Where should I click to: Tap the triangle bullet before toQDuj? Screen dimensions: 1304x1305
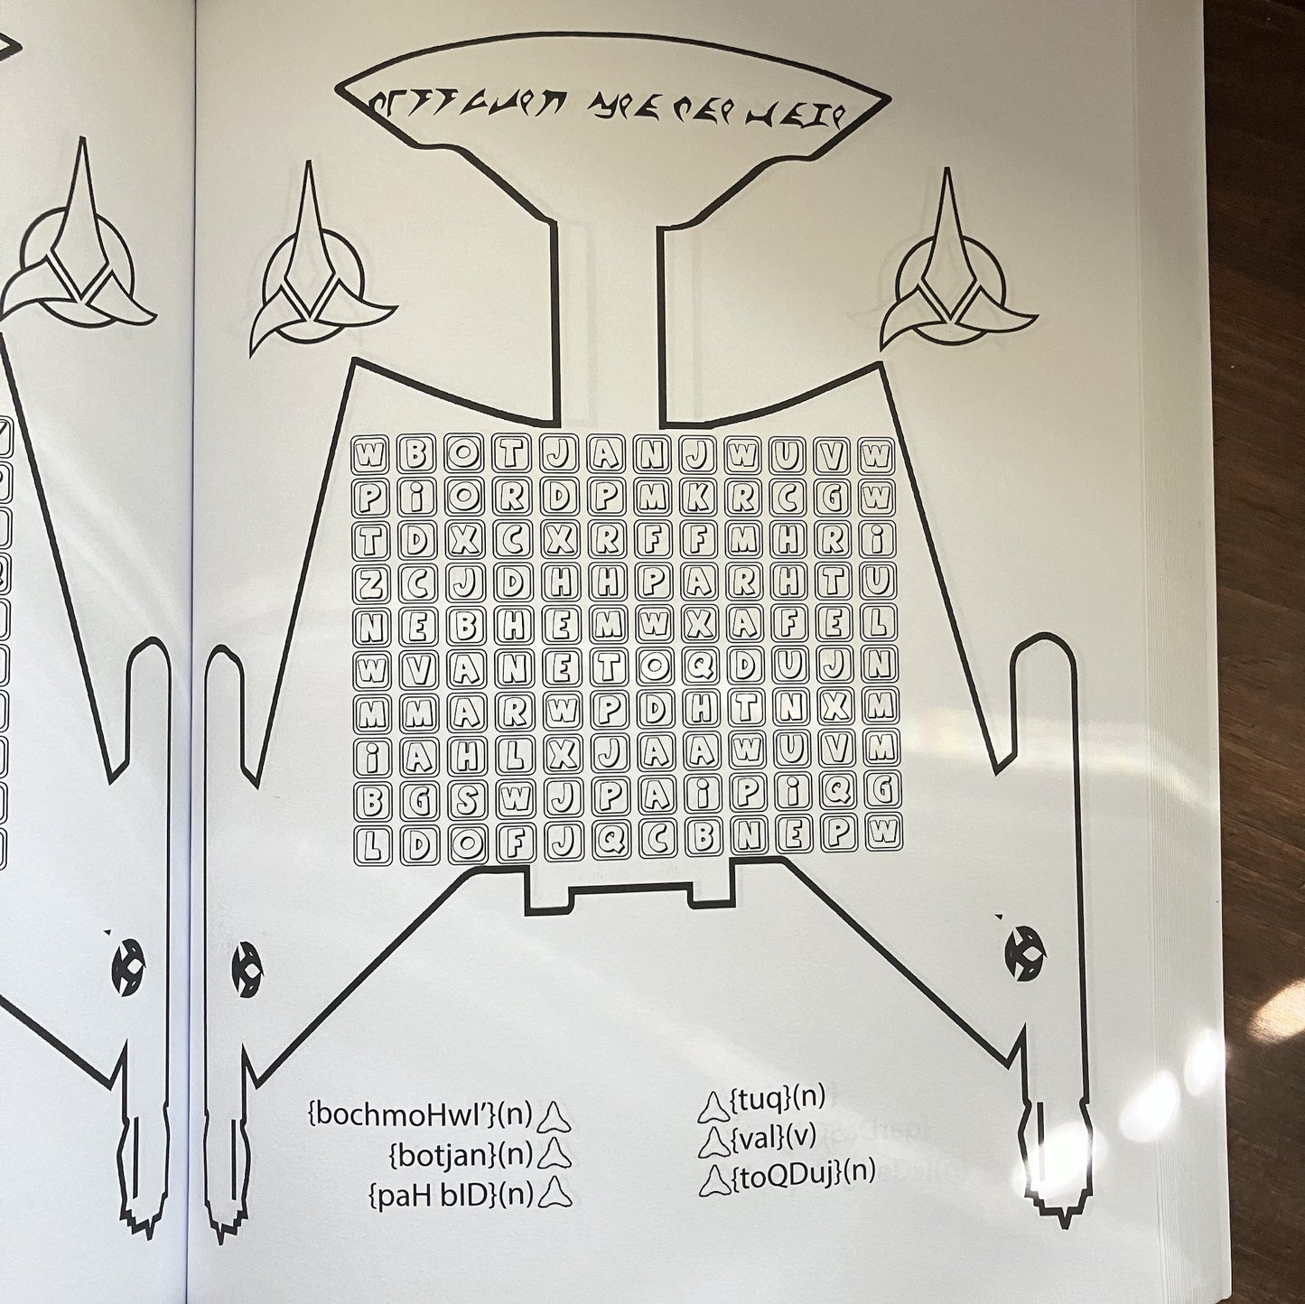point(713,1177)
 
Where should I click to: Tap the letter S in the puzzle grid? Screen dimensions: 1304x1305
point(466,795)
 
